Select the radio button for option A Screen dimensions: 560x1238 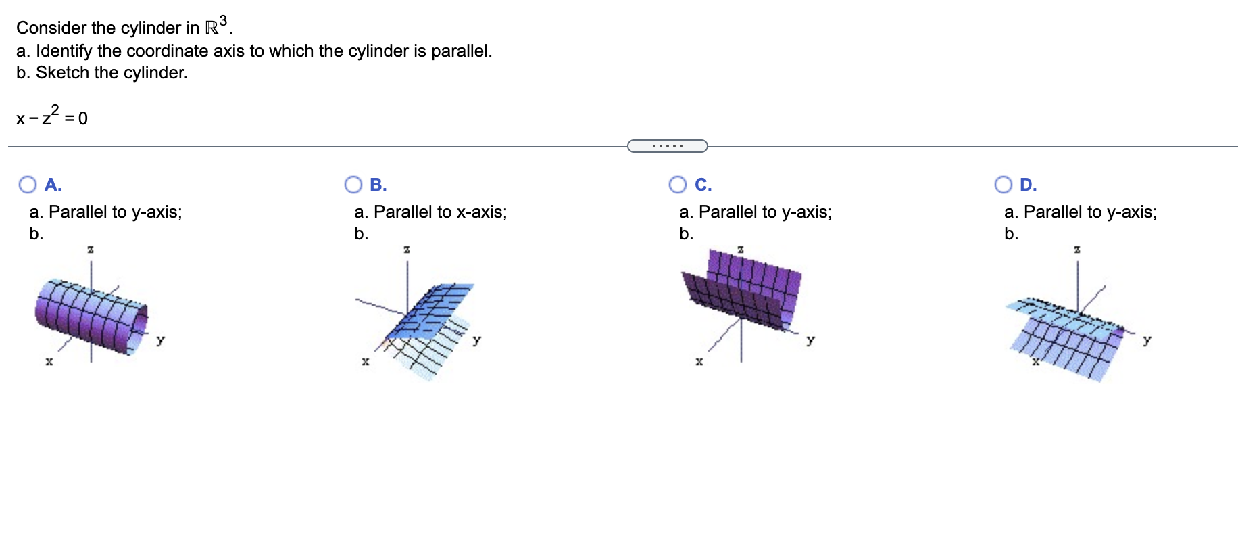[28, 185]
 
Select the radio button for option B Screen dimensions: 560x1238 [353, 185]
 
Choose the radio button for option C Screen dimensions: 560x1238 [677, 185]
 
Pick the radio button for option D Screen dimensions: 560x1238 [1003, 185]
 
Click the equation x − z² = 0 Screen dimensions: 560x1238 [52, 118]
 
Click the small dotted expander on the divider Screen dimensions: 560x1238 [667, 146]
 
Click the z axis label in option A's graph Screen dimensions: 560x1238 [91, 250]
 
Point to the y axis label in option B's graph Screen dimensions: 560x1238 [477, 340]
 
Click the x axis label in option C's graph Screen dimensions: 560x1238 [699, 362]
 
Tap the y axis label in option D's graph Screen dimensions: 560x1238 [1147, 340]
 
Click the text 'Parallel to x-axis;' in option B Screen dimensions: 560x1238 [440, 212]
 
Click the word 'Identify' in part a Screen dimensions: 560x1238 [64, 51]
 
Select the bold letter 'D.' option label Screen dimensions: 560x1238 [1028, 185]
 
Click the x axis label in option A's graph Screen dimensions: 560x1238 [49, 362]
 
